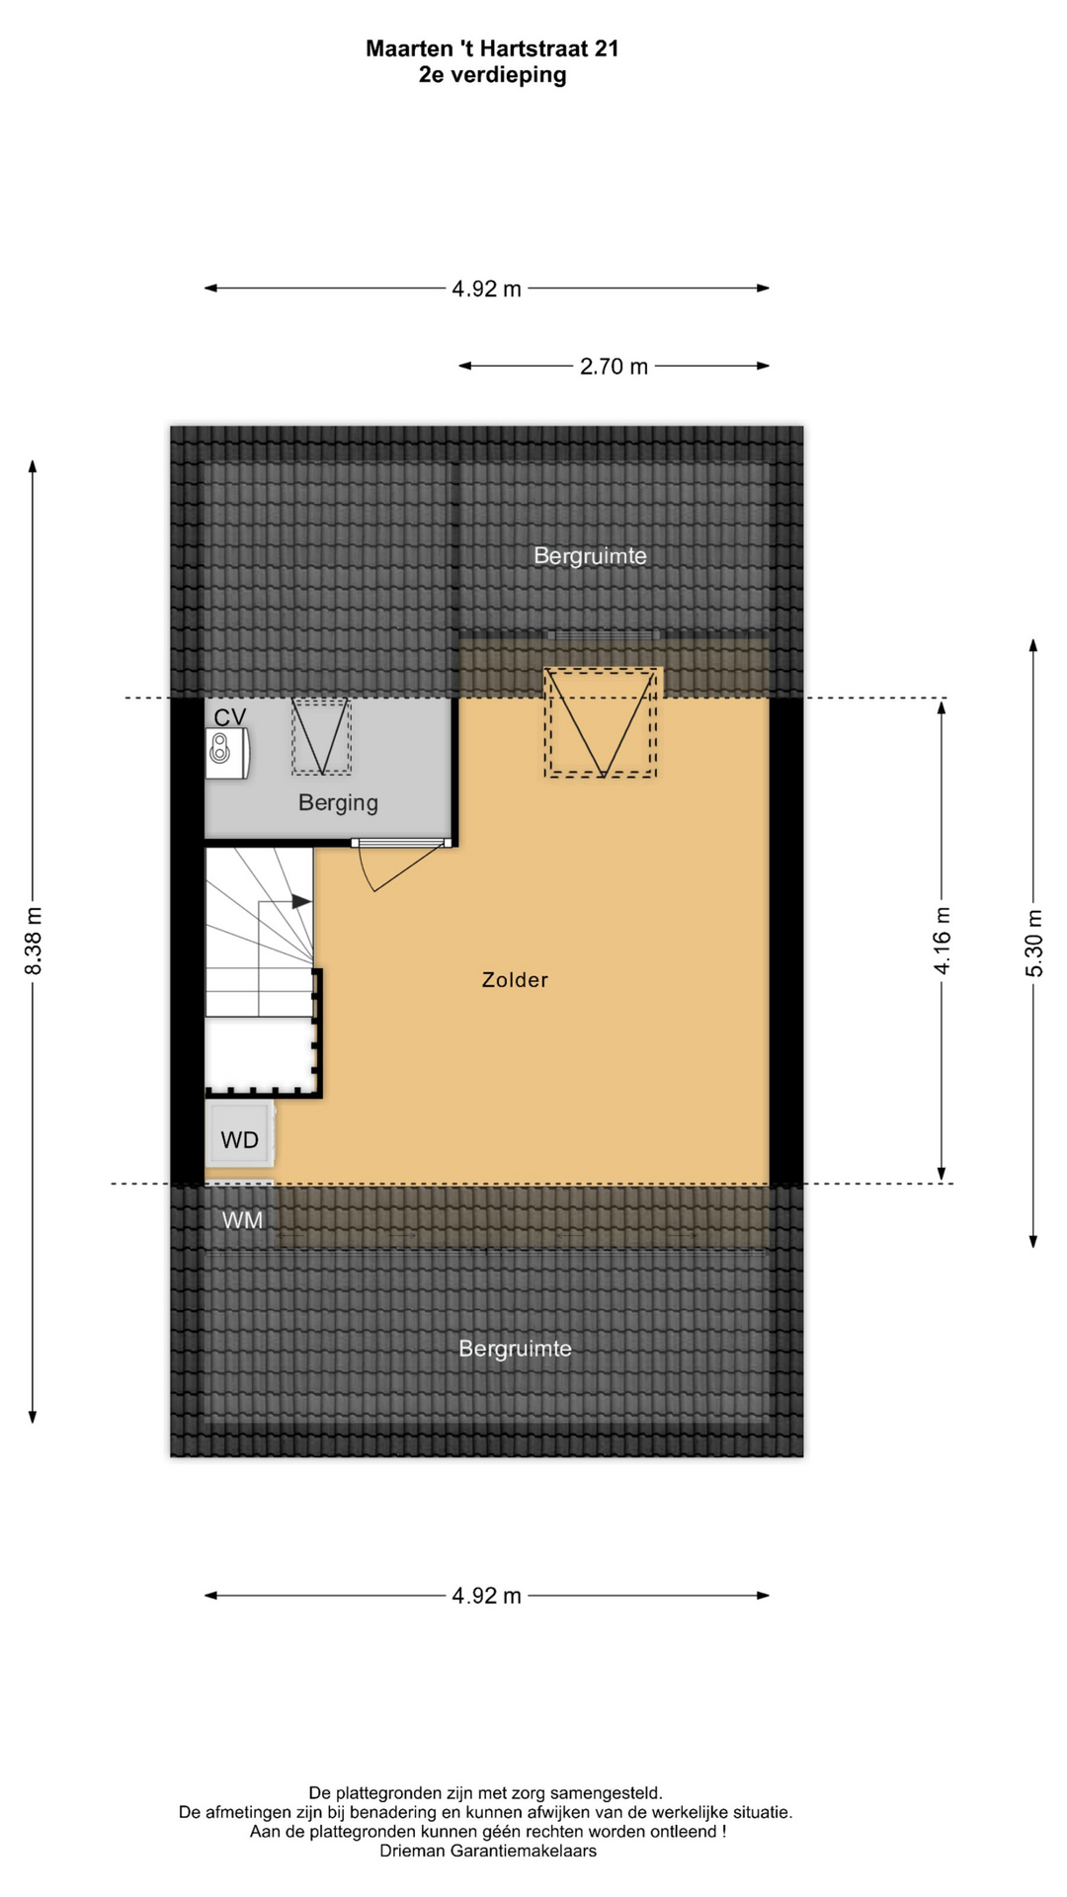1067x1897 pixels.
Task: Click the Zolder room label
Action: coord(515,980)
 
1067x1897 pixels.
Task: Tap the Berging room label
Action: coord(338,803)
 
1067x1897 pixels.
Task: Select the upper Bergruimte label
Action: coord(590,556)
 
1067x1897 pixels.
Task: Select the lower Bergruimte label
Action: coord(515,1349)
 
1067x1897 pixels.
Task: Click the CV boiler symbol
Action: coord(227,753)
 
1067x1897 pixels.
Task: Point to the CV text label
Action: coord(230,717)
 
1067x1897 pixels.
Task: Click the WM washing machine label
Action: coord(242,1220)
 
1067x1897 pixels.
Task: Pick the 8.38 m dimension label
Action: coord(34,942)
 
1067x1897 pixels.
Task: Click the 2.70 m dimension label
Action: coord(614,367)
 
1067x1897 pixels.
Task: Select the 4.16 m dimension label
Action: coord(943,941)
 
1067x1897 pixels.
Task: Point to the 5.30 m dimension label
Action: coord(1034,943)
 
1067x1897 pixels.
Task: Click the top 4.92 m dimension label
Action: coord(486,289)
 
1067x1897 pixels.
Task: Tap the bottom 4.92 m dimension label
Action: coord(486,1596)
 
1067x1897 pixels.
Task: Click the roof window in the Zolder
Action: coord(602,722)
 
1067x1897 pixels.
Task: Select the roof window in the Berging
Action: coord(321,736)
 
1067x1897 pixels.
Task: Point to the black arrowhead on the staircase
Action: coord(301,902)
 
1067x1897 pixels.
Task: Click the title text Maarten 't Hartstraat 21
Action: coord(492,48)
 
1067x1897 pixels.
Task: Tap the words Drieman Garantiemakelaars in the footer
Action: coord(488,1852)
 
